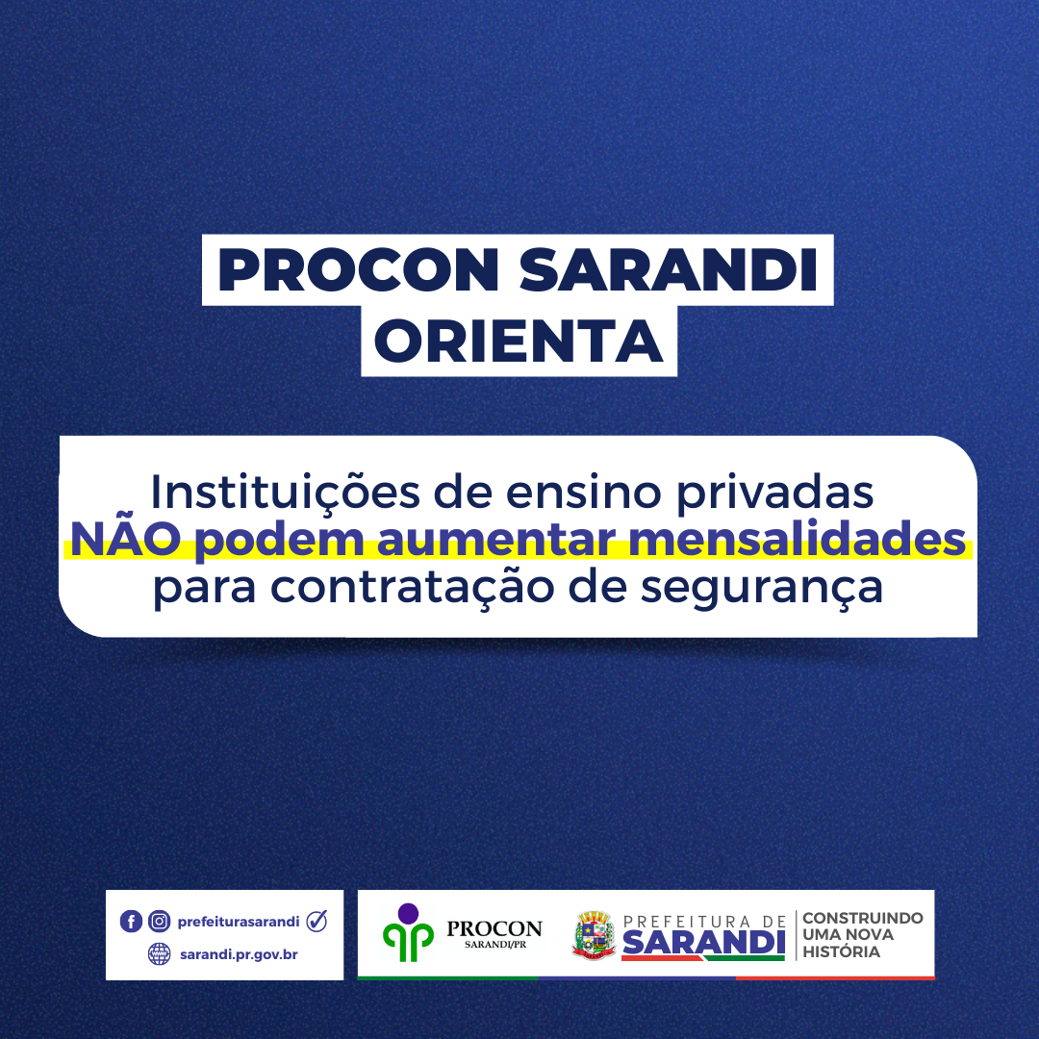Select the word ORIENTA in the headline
click(x=519, y=342)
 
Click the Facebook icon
click(x=131, y=922)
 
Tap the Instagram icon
click(x=159, y=922)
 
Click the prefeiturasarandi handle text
click(x=239, y=922)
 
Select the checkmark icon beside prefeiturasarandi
click(x=317, y=921)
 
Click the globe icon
click(x=159, y=954)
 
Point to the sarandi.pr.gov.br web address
click(x=238, y=954)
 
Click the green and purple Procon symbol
click(x=408, y=932)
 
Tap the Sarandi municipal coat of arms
click(x=594, y=935)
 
